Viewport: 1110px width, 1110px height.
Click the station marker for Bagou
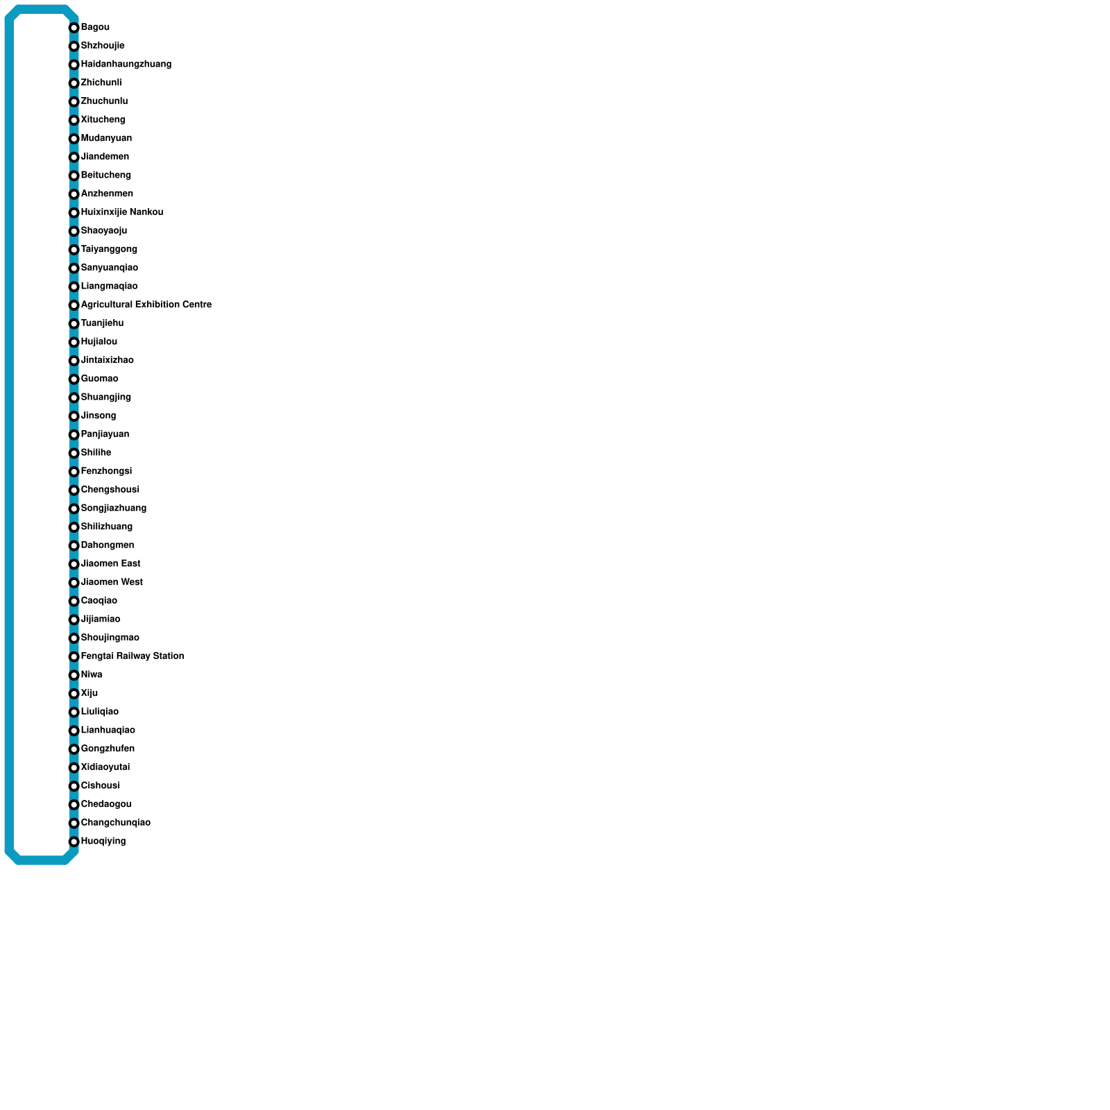(x=74, y=28)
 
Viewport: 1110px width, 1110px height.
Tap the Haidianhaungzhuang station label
(x=126, y=65)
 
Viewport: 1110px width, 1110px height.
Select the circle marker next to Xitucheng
(x=74, y=120)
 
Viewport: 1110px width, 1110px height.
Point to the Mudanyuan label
(x=106, y=138)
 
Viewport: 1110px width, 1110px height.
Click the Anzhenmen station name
(x=107, y=194)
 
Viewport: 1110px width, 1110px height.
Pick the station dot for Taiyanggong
(x=74, y=250)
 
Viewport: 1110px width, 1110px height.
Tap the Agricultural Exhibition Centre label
(x=146, y=305)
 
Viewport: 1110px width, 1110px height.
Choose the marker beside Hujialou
(x=74, y=342)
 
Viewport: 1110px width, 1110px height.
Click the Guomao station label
(x=99, y=379)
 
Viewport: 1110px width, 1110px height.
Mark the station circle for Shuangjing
(x=74, y=398)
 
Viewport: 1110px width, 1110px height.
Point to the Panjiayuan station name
(x=105, y=434)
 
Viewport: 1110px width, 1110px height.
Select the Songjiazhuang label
(x=113, y=509)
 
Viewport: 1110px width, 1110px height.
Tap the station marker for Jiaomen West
(x=74, y=583)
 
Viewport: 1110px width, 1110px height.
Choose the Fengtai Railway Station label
(x=132, y=656)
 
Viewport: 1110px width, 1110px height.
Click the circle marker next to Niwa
(x=74, y=675)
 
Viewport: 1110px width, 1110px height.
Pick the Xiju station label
(x=89, y=693)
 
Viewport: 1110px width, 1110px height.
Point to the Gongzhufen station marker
(x=74, y=749)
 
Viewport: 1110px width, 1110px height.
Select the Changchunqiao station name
(x=115, y=823)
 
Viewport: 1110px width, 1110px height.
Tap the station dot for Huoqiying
(x=74, y=842)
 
